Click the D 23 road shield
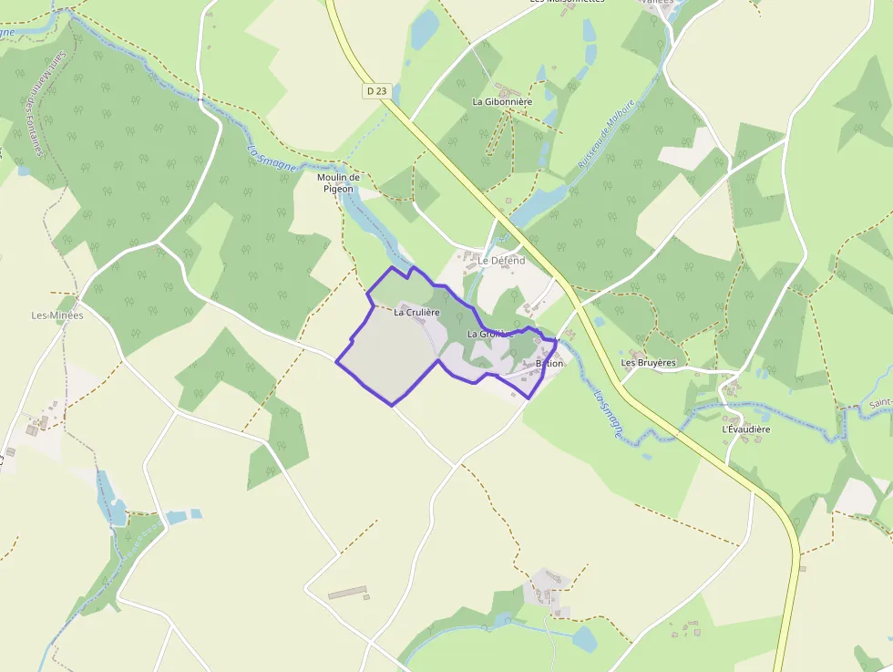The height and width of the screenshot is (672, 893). click(376, 90)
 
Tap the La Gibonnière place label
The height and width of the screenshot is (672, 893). click(502, 102)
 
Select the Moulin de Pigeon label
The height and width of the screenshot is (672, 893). click(340, 182)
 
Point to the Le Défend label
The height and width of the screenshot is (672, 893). click(502, 261)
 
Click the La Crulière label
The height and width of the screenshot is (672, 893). click(417, 312)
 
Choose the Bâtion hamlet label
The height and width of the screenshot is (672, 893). click(549, 363)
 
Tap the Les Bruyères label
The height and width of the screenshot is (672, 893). click(648, 363)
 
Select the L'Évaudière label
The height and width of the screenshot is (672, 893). click(746, 429)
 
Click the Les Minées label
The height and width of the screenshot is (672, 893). click(57, 315)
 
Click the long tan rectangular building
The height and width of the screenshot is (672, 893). click(347, 593)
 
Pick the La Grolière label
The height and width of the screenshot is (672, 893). click(489, 335)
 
